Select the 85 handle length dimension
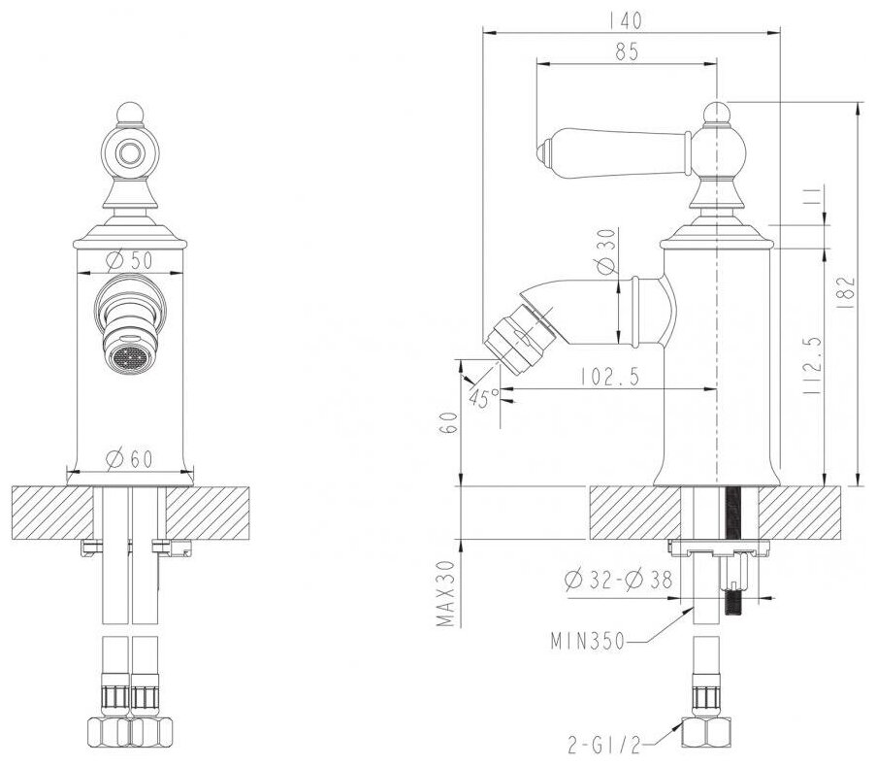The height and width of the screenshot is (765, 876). (x=627, y=53)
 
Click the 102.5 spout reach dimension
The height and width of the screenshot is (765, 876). (x=611, y=377)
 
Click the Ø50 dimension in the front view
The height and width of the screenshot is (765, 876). (x=128, y=260)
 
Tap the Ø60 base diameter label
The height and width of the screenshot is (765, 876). (x=128, y=459)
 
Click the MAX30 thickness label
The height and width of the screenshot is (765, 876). (x=444, y=593)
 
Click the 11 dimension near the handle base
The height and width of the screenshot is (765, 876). (x=816, y=205)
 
